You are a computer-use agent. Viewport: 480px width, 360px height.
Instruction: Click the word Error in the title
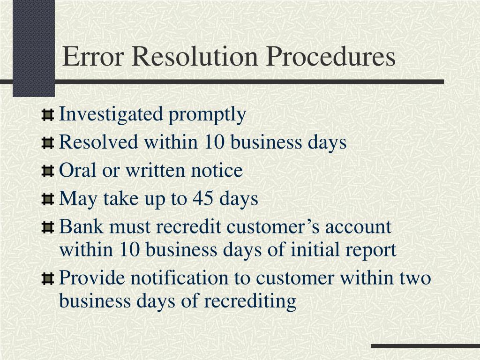click(x=92, y=57)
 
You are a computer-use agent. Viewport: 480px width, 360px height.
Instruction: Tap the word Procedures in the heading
click(x=331, y=57)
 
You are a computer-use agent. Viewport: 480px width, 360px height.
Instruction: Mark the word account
click(x=358, y=227)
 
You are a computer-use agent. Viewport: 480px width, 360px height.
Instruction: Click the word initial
click(x=315, y=250)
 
